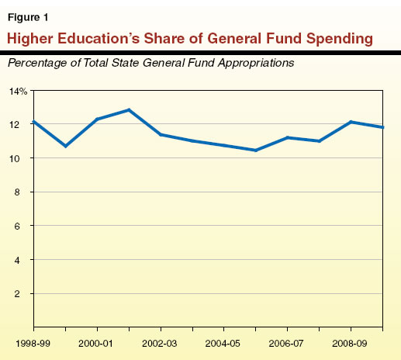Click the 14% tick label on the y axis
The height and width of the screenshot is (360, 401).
(18, 91)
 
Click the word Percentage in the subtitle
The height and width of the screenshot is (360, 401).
(37, 63)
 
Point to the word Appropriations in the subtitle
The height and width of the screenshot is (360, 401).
(255, 63)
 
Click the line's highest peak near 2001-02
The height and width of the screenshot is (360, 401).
(129, 110)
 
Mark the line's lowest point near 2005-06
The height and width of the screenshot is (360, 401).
(256, 150)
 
